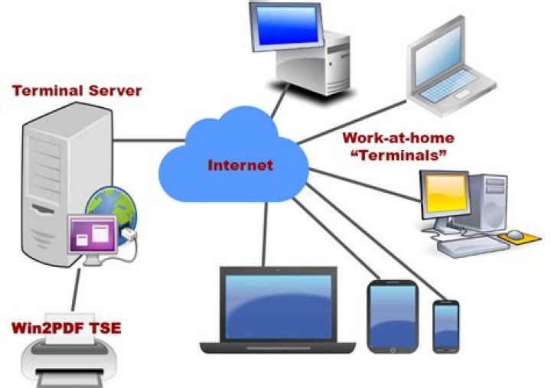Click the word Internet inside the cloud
(x=240, y=165)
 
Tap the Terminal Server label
(x=77, y=90)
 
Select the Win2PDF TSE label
(x=67, y=328)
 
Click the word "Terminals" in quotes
(x=399, y=155)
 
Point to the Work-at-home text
(x=399, y=138)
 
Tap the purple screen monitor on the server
(x=93, y=233)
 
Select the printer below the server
(x=69, y=355)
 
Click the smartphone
(x=446, y=327)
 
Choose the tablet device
(x=393, y=316)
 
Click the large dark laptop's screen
(x=279, y=307)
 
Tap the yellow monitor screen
(x=445, y=194)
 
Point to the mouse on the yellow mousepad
(x=515, y=234)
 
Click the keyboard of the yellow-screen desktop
(x=474, y=246)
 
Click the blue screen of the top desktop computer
(x=287, y=25)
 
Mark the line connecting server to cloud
(x=149, y=141)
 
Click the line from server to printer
(x=76, y=289)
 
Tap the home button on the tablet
(x=393, y=350)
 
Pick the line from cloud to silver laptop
(x=352, y=122)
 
